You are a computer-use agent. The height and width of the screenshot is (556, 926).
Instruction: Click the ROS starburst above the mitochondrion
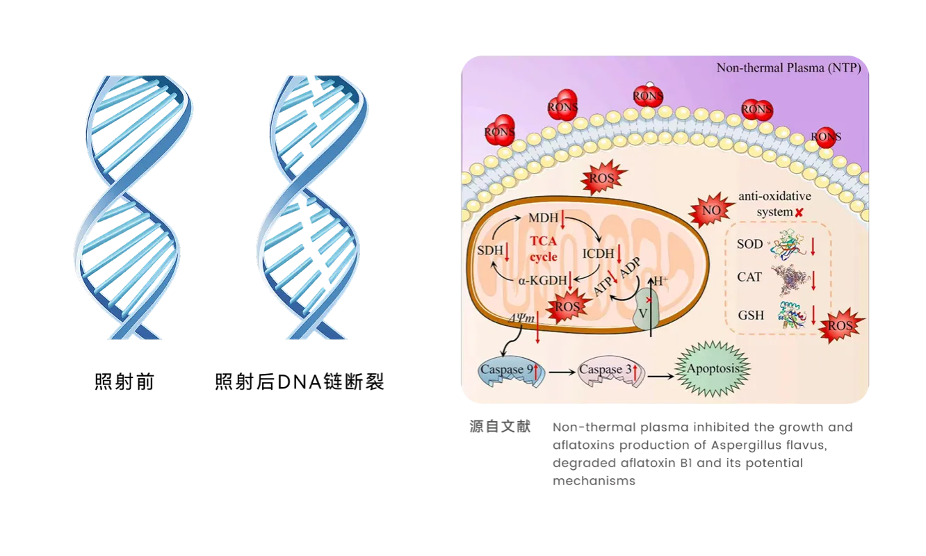tap(599, 177)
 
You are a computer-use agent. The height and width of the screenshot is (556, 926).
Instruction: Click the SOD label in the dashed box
tap(749, 244)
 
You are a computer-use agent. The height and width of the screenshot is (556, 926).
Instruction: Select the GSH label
tap(750, 316)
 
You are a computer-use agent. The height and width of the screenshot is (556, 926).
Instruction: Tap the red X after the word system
tap(800, 211)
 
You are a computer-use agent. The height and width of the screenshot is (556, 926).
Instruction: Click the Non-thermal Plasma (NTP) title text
tap(788, 68)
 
